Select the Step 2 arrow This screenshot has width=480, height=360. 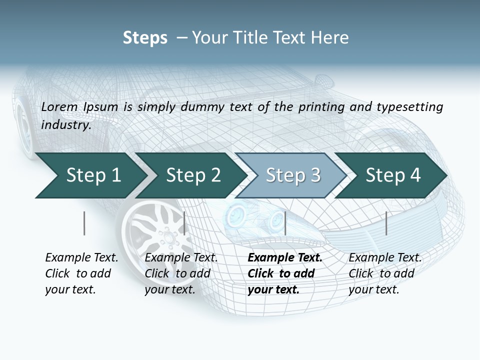point(192,175)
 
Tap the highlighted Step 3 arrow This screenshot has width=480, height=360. point(292,175)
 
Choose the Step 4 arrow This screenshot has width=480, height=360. point(392,175)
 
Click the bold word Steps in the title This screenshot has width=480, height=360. point(145,38)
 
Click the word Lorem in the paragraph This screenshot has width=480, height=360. point(58,107)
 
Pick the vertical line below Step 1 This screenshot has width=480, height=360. point(84,223)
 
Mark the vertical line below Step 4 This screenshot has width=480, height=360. point(386,223)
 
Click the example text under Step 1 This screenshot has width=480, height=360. point(81,273)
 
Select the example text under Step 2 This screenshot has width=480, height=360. point(180,273)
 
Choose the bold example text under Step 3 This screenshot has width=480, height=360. point(284,273)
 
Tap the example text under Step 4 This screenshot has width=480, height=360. point(384,273)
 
